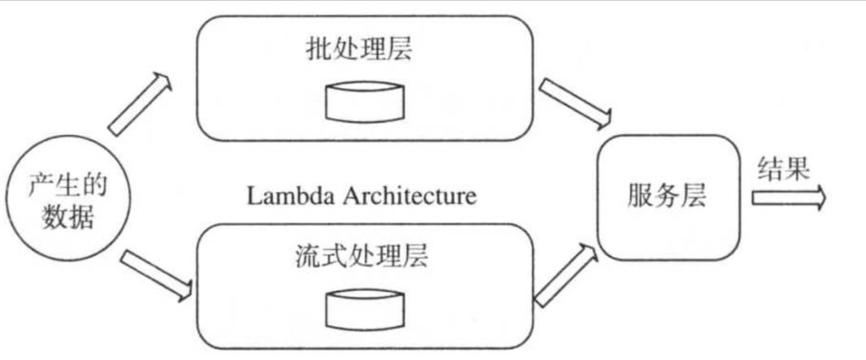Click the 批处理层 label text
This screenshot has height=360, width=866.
(x=359, y=49)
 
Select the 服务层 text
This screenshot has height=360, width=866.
(x=668, y=195)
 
